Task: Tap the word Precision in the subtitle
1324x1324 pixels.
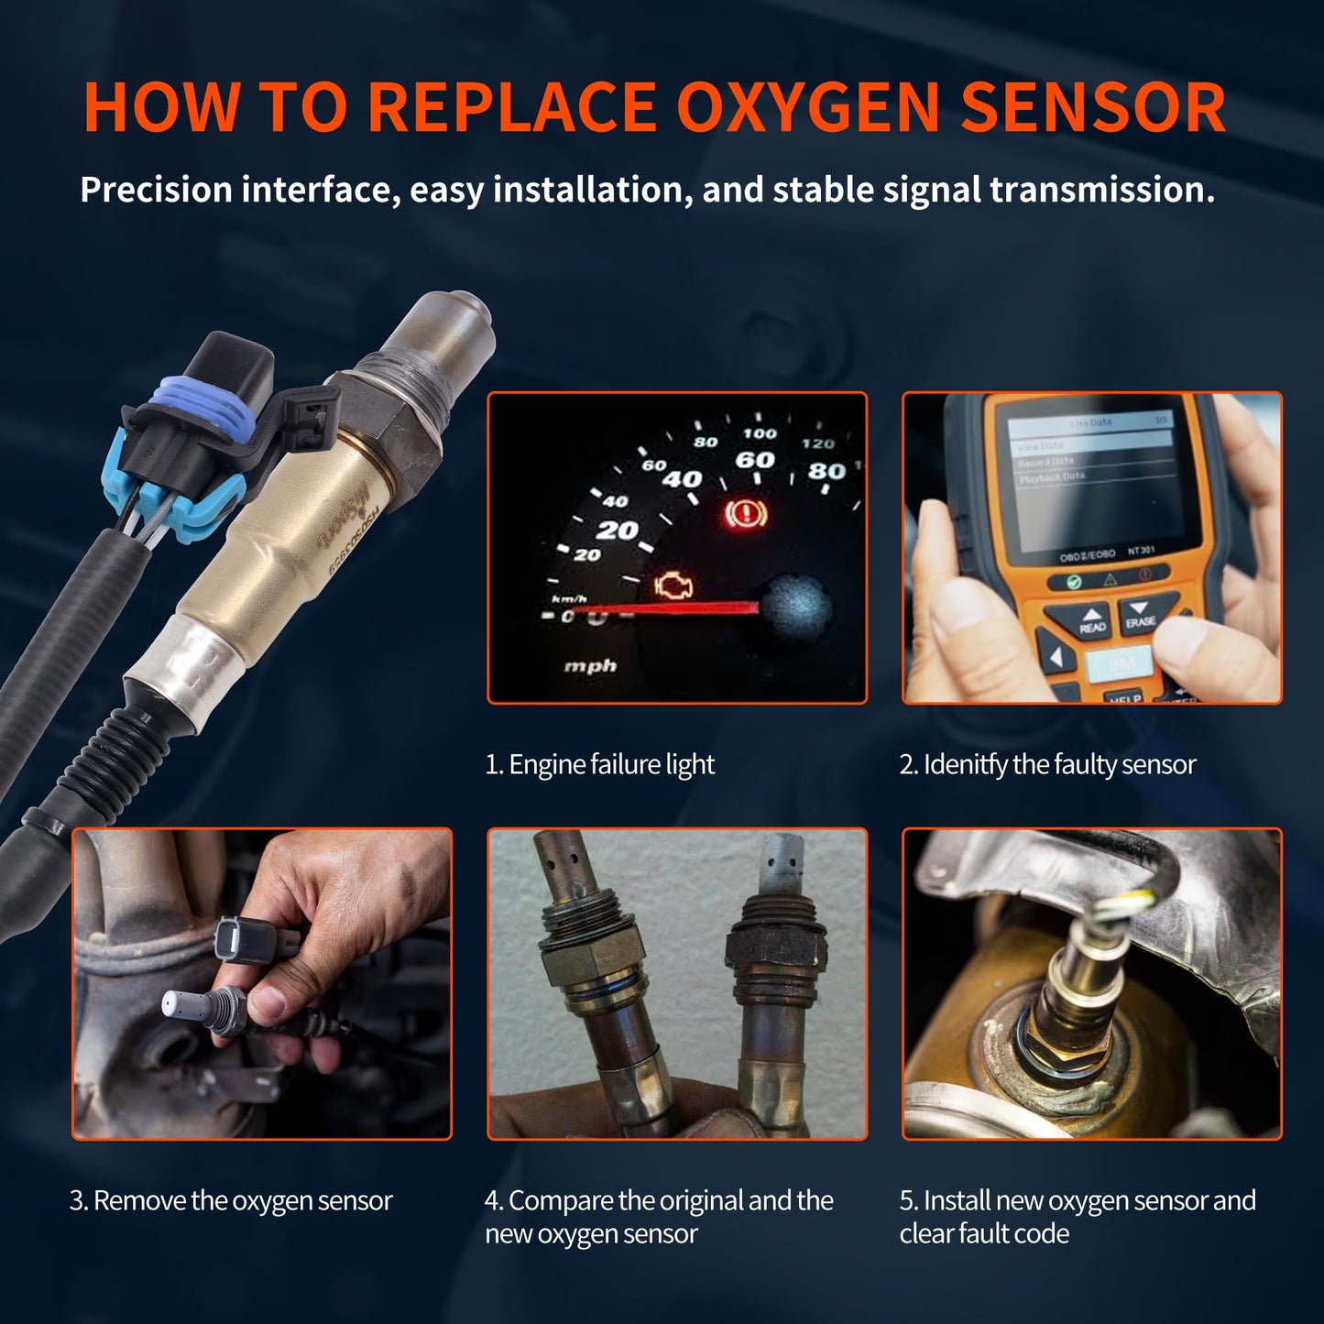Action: [156, 190]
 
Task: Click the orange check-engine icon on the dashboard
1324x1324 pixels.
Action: [674, 585]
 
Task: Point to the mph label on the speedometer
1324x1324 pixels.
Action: [590, 666]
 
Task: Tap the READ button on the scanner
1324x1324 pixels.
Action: [1091, 621]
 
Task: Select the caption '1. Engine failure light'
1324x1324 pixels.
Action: [599, 764]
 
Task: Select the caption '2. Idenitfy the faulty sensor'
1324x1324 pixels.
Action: [1047, 764]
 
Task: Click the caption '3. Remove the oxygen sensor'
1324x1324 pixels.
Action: [231, 1200]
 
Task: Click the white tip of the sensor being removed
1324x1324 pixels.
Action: [175, 1004]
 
